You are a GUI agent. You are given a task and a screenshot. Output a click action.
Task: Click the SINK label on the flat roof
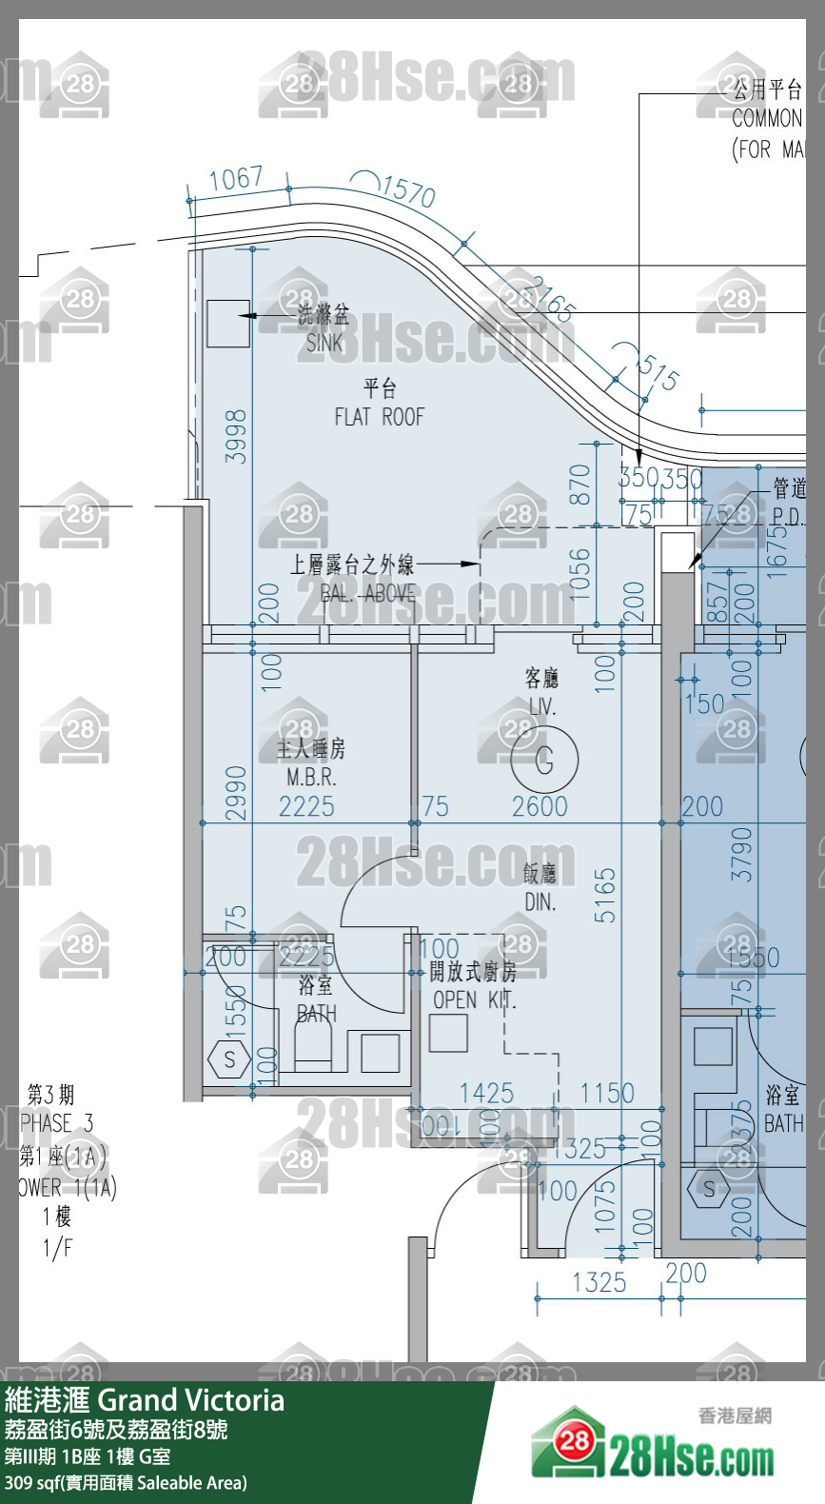coord(324,342)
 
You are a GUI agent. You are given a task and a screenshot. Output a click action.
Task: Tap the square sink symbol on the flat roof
coord(228,323)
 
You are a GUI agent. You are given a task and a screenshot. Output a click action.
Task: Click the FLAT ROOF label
coord(379,416)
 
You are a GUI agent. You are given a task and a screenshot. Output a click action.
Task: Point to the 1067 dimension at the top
coord(235,178)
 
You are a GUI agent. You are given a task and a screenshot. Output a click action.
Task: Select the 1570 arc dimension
coord(408,190)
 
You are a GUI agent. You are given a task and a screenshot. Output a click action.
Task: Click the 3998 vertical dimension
coord(235,436)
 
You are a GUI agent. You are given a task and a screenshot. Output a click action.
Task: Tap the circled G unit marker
coord(544,759)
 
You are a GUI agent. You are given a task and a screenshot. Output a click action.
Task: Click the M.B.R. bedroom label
coord(311,777)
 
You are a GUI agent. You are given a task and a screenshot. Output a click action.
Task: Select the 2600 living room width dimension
coord(540,806)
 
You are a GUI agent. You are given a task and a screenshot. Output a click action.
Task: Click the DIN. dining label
coord(540,900)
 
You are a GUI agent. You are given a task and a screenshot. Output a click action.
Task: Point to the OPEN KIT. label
coord(474,999)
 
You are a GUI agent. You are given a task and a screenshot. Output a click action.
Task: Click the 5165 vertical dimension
coord(605,894)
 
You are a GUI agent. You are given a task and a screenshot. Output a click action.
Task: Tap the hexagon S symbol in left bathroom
coord(228,1059)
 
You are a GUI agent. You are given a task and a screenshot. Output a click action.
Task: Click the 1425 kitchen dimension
coord(486,1093)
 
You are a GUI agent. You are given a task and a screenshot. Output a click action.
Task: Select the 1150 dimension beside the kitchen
coord(607,1093)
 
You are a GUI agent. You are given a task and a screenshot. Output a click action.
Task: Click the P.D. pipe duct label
coord(788,517)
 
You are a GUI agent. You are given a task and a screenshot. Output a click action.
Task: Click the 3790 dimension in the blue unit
coord(740,853)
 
